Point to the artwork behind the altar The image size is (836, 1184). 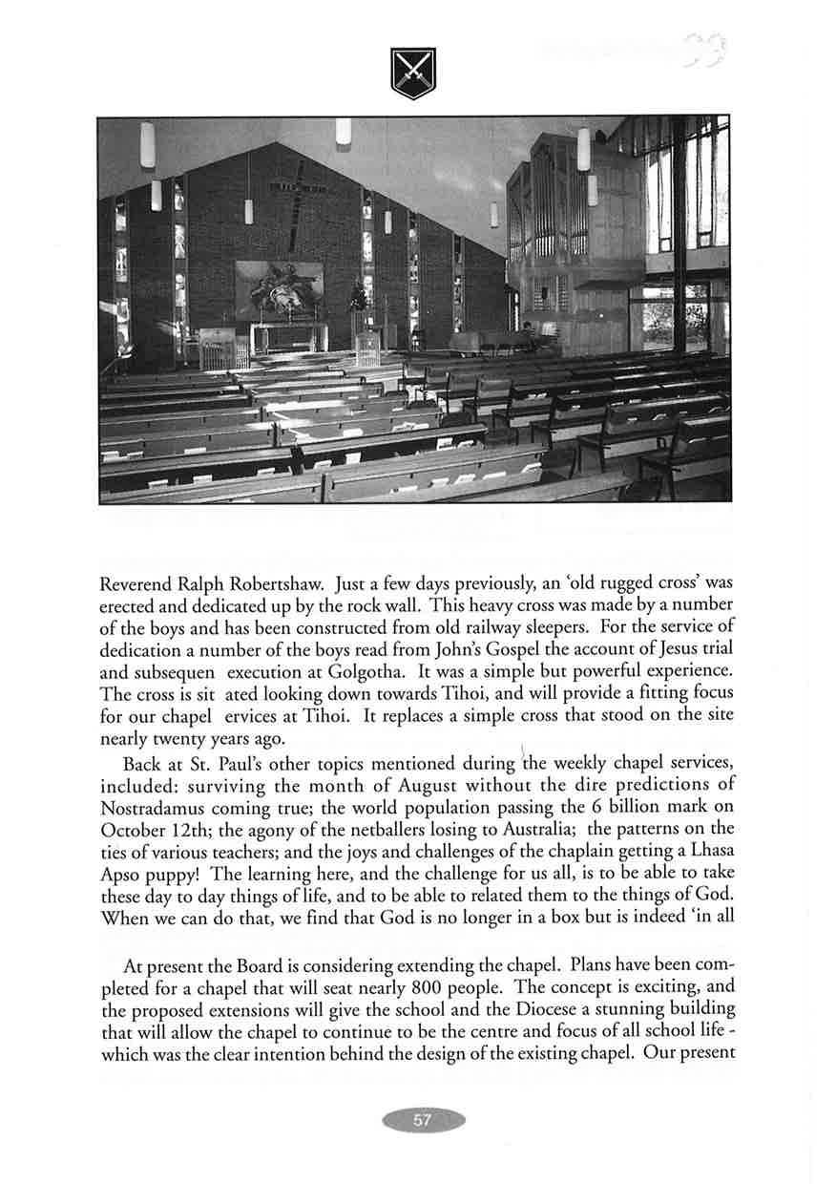pos(279,291)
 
